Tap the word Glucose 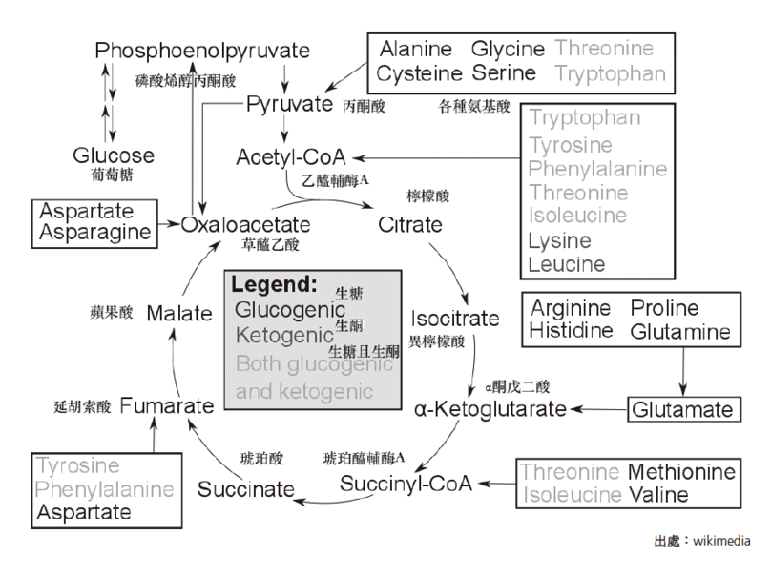(114, 155)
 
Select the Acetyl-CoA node (291, 156)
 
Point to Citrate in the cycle (410, 226)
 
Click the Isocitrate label (455, 318)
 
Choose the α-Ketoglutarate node (490, 409)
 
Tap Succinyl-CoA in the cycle (406, 483)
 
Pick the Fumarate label (167, 406)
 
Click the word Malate (180, 313)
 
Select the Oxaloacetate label (246, 226)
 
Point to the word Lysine (560, 241)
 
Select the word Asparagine (94, 232)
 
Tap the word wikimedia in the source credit (722, 541)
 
